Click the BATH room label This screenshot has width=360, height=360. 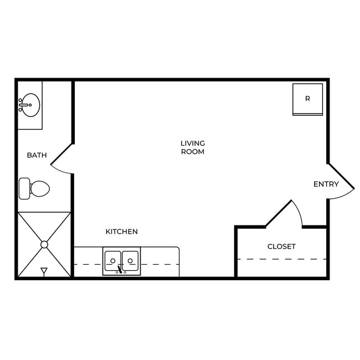coord(37,155)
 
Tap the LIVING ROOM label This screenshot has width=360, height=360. coord(192,147)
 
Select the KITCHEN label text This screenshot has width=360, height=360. coord(121,232)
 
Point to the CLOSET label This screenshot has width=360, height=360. coord(281,246)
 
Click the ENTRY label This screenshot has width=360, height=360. coord(326,184)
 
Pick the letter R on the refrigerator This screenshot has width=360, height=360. coord(307,99)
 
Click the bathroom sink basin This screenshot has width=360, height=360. coord(30,105)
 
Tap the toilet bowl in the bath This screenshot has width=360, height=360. coord(40,188)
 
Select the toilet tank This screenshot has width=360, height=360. coord(24,188)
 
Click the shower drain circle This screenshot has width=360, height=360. coord(44,244)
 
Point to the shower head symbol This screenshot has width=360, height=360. coord(44,271)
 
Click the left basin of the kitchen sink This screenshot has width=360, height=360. coord(113,259)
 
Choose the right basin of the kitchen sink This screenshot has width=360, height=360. coord(130,259)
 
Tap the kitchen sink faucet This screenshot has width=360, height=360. coord(120,270)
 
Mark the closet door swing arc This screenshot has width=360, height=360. coord(299,213)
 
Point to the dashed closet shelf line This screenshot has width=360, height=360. coord(281,259)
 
